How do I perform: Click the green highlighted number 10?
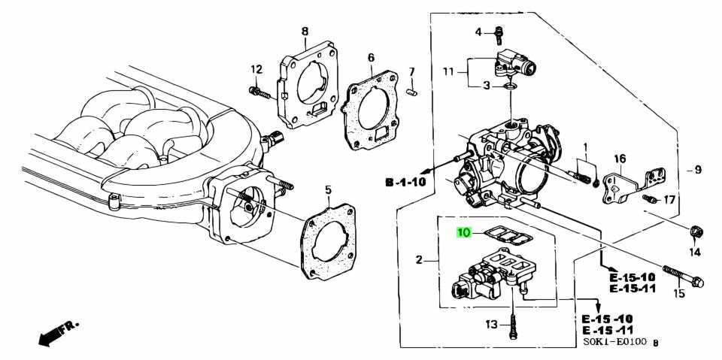pyautogui.click(x=465, y=233)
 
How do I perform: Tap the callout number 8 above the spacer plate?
pyautogui.click(x=305, y=31)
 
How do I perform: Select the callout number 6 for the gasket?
pyautogui.click(x=371, y=57)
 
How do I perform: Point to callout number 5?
pyautogui.click(x=328, y=189)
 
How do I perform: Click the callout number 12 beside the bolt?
pyautogui.click(x=256, y=70)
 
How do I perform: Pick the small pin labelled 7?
pyautogui.click(x=412, y=92)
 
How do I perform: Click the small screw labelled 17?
pyautogui.click(x=650, y=199)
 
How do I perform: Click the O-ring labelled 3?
pyautogui.click(x=511, y=87)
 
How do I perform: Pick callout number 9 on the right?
pyautogui.click(x=697, y=170)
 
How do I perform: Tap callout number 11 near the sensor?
pyautogui.click(x=448, y=71)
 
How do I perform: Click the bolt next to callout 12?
pyautogui.click(x=259, y=93)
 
